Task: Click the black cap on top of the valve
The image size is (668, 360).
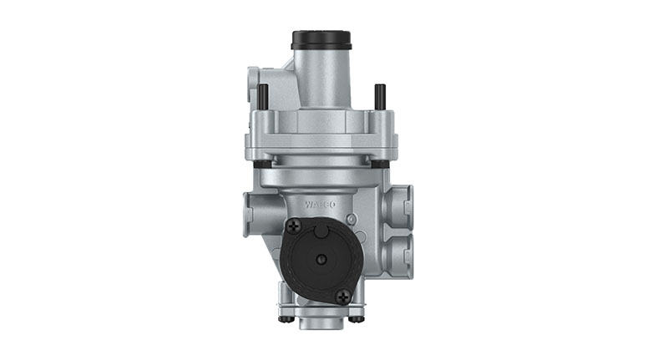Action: (x=320, y=40)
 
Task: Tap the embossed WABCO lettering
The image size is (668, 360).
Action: (x=320, y=203)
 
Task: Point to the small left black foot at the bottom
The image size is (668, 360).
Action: (x=284, y=317)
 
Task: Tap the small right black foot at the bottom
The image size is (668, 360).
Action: (x=357, y=317)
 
